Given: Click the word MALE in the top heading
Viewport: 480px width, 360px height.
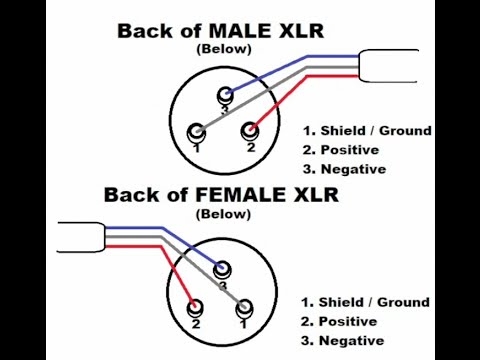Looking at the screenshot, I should tap(257, 30).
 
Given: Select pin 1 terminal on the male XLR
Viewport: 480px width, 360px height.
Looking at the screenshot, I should tap(197, 131).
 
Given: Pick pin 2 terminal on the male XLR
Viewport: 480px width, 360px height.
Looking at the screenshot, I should tap(252, 130).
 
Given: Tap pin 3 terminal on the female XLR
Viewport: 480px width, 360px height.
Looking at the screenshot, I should tap(221, 269).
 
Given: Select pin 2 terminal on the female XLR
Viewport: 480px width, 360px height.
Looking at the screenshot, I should tap(197, 307).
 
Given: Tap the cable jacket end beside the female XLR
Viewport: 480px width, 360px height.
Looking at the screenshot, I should tap(81, 236).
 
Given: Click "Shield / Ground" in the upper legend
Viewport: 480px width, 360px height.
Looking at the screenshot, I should tap(374, 131).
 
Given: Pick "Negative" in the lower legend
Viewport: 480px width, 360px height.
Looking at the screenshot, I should tap(349, 341).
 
